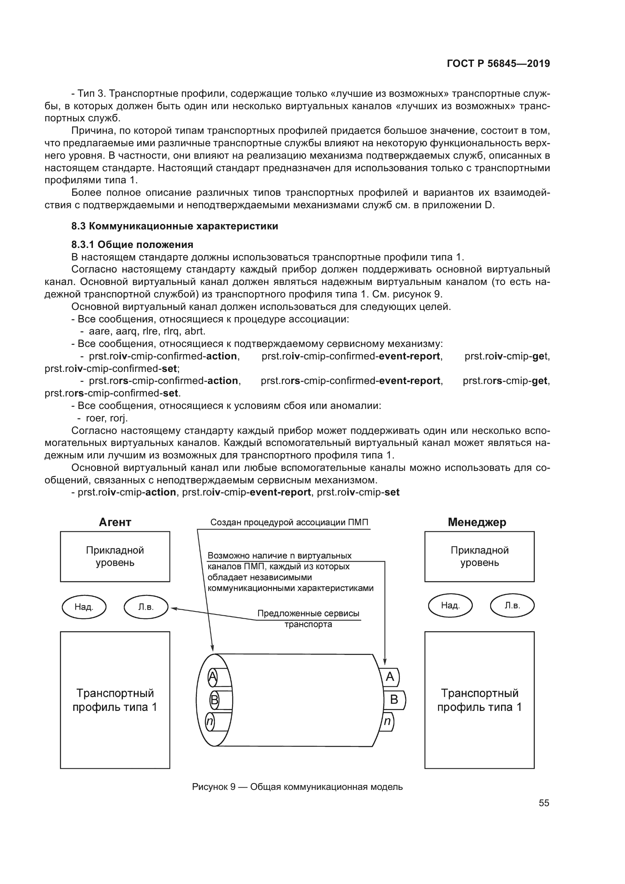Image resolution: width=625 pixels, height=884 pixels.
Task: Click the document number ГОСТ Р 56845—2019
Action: pos(498,63)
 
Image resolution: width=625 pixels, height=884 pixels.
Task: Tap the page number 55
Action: pos(544,803)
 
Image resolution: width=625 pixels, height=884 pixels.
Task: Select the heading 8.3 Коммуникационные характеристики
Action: pos(174,226)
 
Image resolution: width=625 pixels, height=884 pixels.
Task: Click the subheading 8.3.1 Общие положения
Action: pos(132,245)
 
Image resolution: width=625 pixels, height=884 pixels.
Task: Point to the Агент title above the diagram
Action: pos(115,522)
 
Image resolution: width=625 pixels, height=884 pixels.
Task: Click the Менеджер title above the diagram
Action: pos(477,522)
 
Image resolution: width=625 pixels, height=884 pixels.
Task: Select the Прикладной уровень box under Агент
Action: pos(115,556)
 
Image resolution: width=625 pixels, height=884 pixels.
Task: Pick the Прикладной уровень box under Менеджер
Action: pos(479,556)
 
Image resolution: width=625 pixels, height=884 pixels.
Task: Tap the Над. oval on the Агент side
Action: pos(84,607)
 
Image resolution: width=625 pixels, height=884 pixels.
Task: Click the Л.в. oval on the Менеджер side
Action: pos(512,605)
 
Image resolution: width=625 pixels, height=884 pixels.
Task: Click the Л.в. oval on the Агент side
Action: pos(146,607)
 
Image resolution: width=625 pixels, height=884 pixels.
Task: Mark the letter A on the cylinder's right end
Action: pos(390,677)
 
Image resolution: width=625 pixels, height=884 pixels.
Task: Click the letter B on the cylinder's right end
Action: pos(394,699)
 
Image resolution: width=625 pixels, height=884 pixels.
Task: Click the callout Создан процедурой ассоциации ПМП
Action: pos(289,522)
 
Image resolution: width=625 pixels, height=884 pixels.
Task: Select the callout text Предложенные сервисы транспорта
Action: pos(308,619)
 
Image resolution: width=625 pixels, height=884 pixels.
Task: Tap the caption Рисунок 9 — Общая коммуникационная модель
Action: pos(297,787)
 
